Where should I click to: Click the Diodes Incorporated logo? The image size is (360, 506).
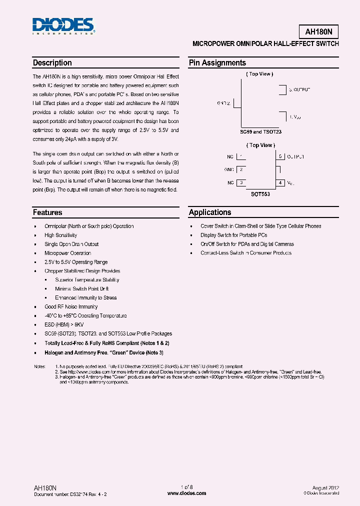click(63, 26)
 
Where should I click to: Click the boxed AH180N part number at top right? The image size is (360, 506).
click(321, 31)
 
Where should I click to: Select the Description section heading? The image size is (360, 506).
click(52, 63)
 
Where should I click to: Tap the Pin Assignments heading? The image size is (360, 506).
click(217, 63)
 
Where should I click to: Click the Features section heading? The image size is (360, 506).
click(47, 212)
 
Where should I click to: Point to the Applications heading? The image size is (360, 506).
click(210, 212)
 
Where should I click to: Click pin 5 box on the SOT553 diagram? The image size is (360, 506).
click(281, 156)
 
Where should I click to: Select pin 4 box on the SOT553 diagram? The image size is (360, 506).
click(281, 183)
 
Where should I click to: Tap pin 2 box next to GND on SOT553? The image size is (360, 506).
click(241, 169)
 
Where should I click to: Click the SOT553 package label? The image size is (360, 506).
click(260, 194)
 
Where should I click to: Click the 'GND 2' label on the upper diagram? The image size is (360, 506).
click(223, 103)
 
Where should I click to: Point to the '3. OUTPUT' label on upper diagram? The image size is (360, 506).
click(299, 89)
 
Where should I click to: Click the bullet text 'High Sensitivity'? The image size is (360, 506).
click(60, 235)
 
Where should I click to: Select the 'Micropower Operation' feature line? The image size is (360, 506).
click(67, 253)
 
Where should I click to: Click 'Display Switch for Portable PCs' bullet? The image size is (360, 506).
click(233, 235)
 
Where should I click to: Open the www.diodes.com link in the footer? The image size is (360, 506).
click(186, 493)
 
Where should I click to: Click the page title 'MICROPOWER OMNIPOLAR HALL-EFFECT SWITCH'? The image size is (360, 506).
click(265, 44)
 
